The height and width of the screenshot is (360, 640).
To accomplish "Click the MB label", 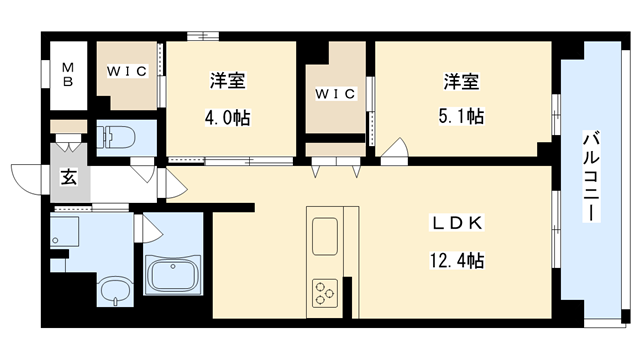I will (x=69, y=74).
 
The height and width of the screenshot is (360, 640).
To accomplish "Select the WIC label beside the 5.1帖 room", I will (x=336, y=94).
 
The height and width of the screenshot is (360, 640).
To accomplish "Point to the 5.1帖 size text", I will (x=462, y=116).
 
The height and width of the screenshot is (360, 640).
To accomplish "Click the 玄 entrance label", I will (x=68, y=178).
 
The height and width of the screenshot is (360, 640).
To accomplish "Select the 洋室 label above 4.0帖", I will (x=227, y=80).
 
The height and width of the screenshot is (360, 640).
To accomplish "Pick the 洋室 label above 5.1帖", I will (x=462, y=79).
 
